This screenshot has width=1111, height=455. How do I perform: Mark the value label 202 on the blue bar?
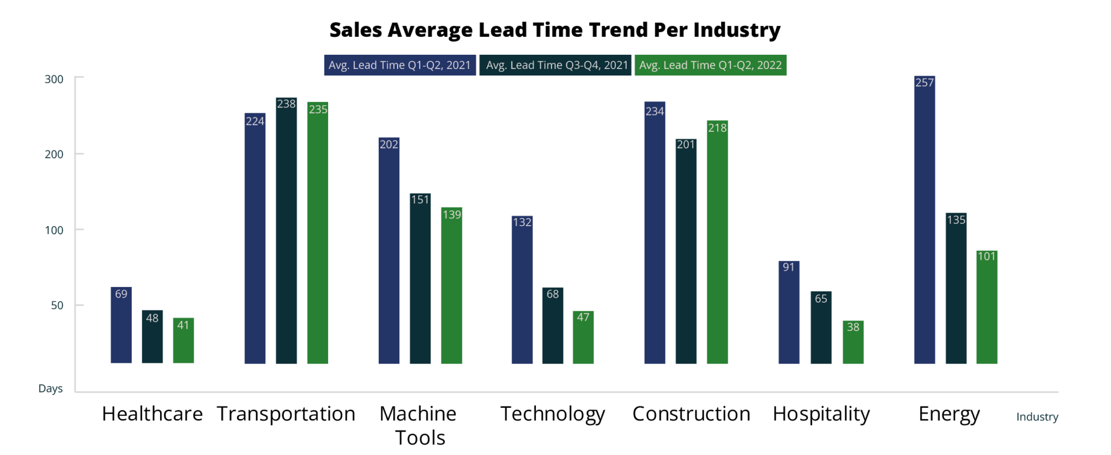(x=389, y=144)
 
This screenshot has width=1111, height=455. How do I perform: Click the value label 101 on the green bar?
(x=987, y=256)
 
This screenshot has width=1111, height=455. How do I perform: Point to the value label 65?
(x=821, y=299)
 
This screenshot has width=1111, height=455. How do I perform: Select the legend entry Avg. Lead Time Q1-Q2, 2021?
(x=400, y=65)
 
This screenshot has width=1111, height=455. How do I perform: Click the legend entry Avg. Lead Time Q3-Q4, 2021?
(x=556, y=65)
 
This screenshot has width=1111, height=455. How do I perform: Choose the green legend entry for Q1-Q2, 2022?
(x=710, y=65)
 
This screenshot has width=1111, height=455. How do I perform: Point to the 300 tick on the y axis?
(x=54, y=80)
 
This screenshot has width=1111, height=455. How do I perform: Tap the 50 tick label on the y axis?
(x=57, y=306)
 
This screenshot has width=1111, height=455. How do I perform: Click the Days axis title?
(x=50, y=389)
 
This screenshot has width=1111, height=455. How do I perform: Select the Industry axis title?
(x=1037, y=417)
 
